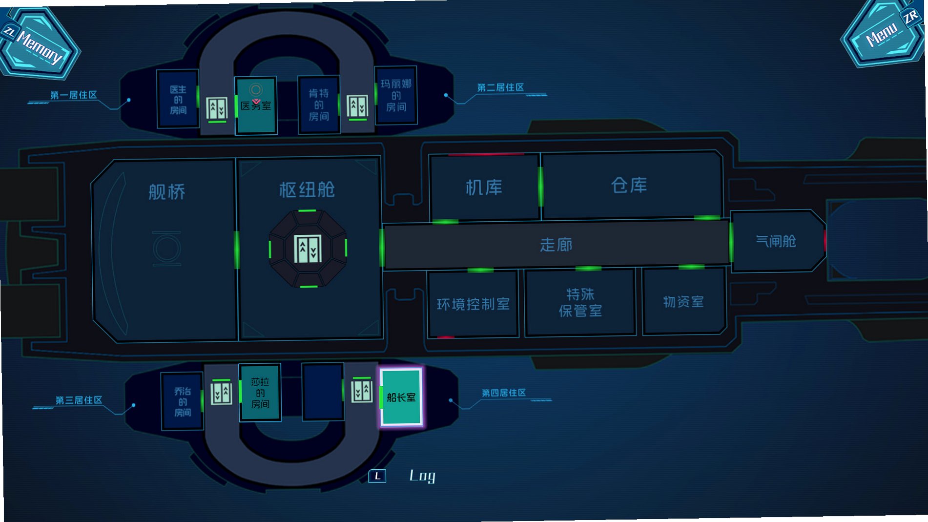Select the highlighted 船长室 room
[x=401, y=397]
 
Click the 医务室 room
[x=256, y=105]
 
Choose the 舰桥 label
[x=167, y=192]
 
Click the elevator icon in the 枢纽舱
[x=308, y=249]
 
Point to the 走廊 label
[x=556, y=245]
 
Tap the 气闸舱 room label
[x=776, y=241]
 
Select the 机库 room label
[x=484, y=188]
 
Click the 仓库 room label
[x=629, y=185]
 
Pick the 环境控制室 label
[x=473, y=304]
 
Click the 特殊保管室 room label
[x=580, y=302]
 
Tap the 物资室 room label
[x=683, y=302]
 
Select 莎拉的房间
[x=260, y=393]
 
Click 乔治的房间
[x=182, y=401]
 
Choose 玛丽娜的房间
[x=396, y=95]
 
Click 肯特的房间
[x=319, y=104]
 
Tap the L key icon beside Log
[x=377, y=476]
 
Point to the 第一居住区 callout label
[x=74, y=95]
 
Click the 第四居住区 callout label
[x=504, y=393]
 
